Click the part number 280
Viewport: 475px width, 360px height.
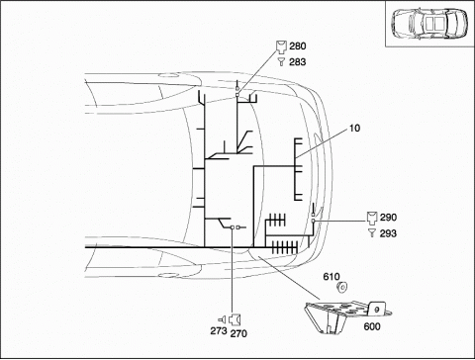[x=298, y=46]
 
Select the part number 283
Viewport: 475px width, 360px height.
[x=298, y=62]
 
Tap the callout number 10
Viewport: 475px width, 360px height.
[x=354, y=128]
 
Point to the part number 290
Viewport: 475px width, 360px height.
[x=388, y=218]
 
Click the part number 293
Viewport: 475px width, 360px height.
[x=388, y=233]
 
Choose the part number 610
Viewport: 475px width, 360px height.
[x=332, y=277]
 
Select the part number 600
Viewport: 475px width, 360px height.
[x=372, y=326]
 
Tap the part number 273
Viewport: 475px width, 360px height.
[x=219, y=330]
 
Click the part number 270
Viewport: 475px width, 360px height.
[x=238, y=333]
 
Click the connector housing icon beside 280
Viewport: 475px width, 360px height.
[x=281, y=46]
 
